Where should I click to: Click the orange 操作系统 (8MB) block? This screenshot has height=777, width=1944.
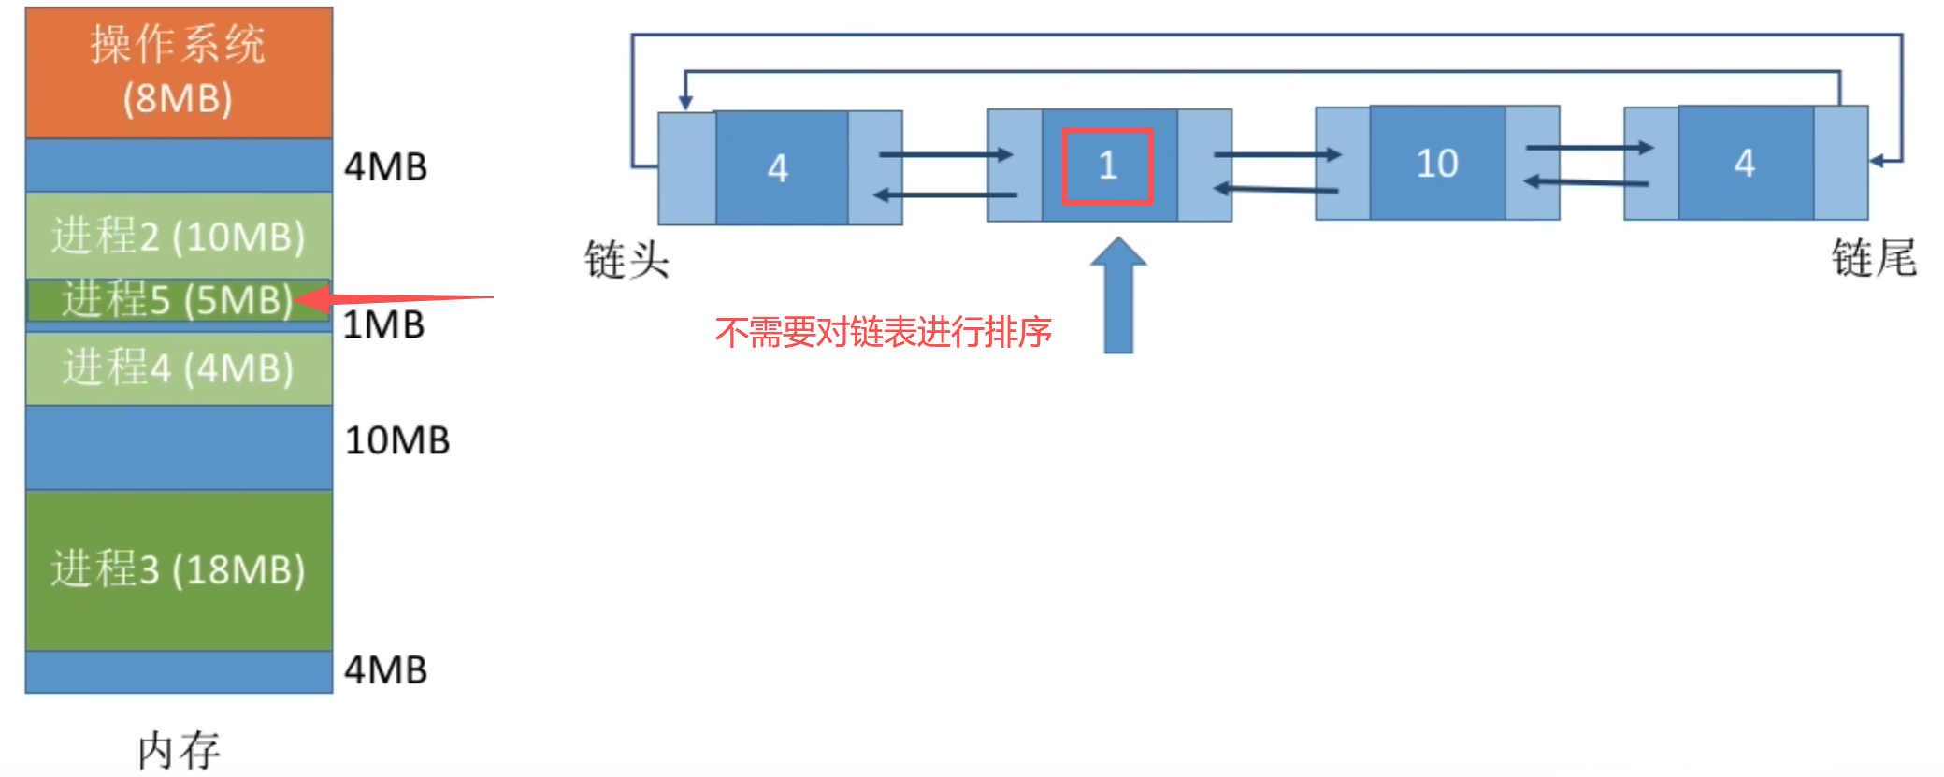179,72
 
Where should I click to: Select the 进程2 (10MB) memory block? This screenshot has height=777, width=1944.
179,236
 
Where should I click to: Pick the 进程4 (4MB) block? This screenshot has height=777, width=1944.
179,367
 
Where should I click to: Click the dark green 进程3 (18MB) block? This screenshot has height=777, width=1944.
179,568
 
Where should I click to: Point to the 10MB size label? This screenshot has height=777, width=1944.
397,440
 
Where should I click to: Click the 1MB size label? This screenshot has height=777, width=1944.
384,325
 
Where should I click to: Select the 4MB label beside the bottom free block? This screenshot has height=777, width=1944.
385,669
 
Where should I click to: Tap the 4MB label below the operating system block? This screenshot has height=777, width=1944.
385,166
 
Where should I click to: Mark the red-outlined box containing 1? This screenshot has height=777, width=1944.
1106,165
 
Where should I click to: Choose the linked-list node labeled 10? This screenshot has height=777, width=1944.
1436,164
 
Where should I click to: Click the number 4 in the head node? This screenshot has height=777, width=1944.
778,168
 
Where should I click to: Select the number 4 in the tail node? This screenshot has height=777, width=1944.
1744,164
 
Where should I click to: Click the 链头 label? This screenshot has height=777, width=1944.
626,259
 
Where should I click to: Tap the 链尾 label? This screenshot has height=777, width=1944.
1873,257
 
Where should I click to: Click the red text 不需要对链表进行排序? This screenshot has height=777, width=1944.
884,332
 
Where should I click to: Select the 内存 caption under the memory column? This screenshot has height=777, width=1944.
179,750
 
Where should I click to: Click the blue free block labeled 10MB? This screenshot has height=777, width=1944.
179,447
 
